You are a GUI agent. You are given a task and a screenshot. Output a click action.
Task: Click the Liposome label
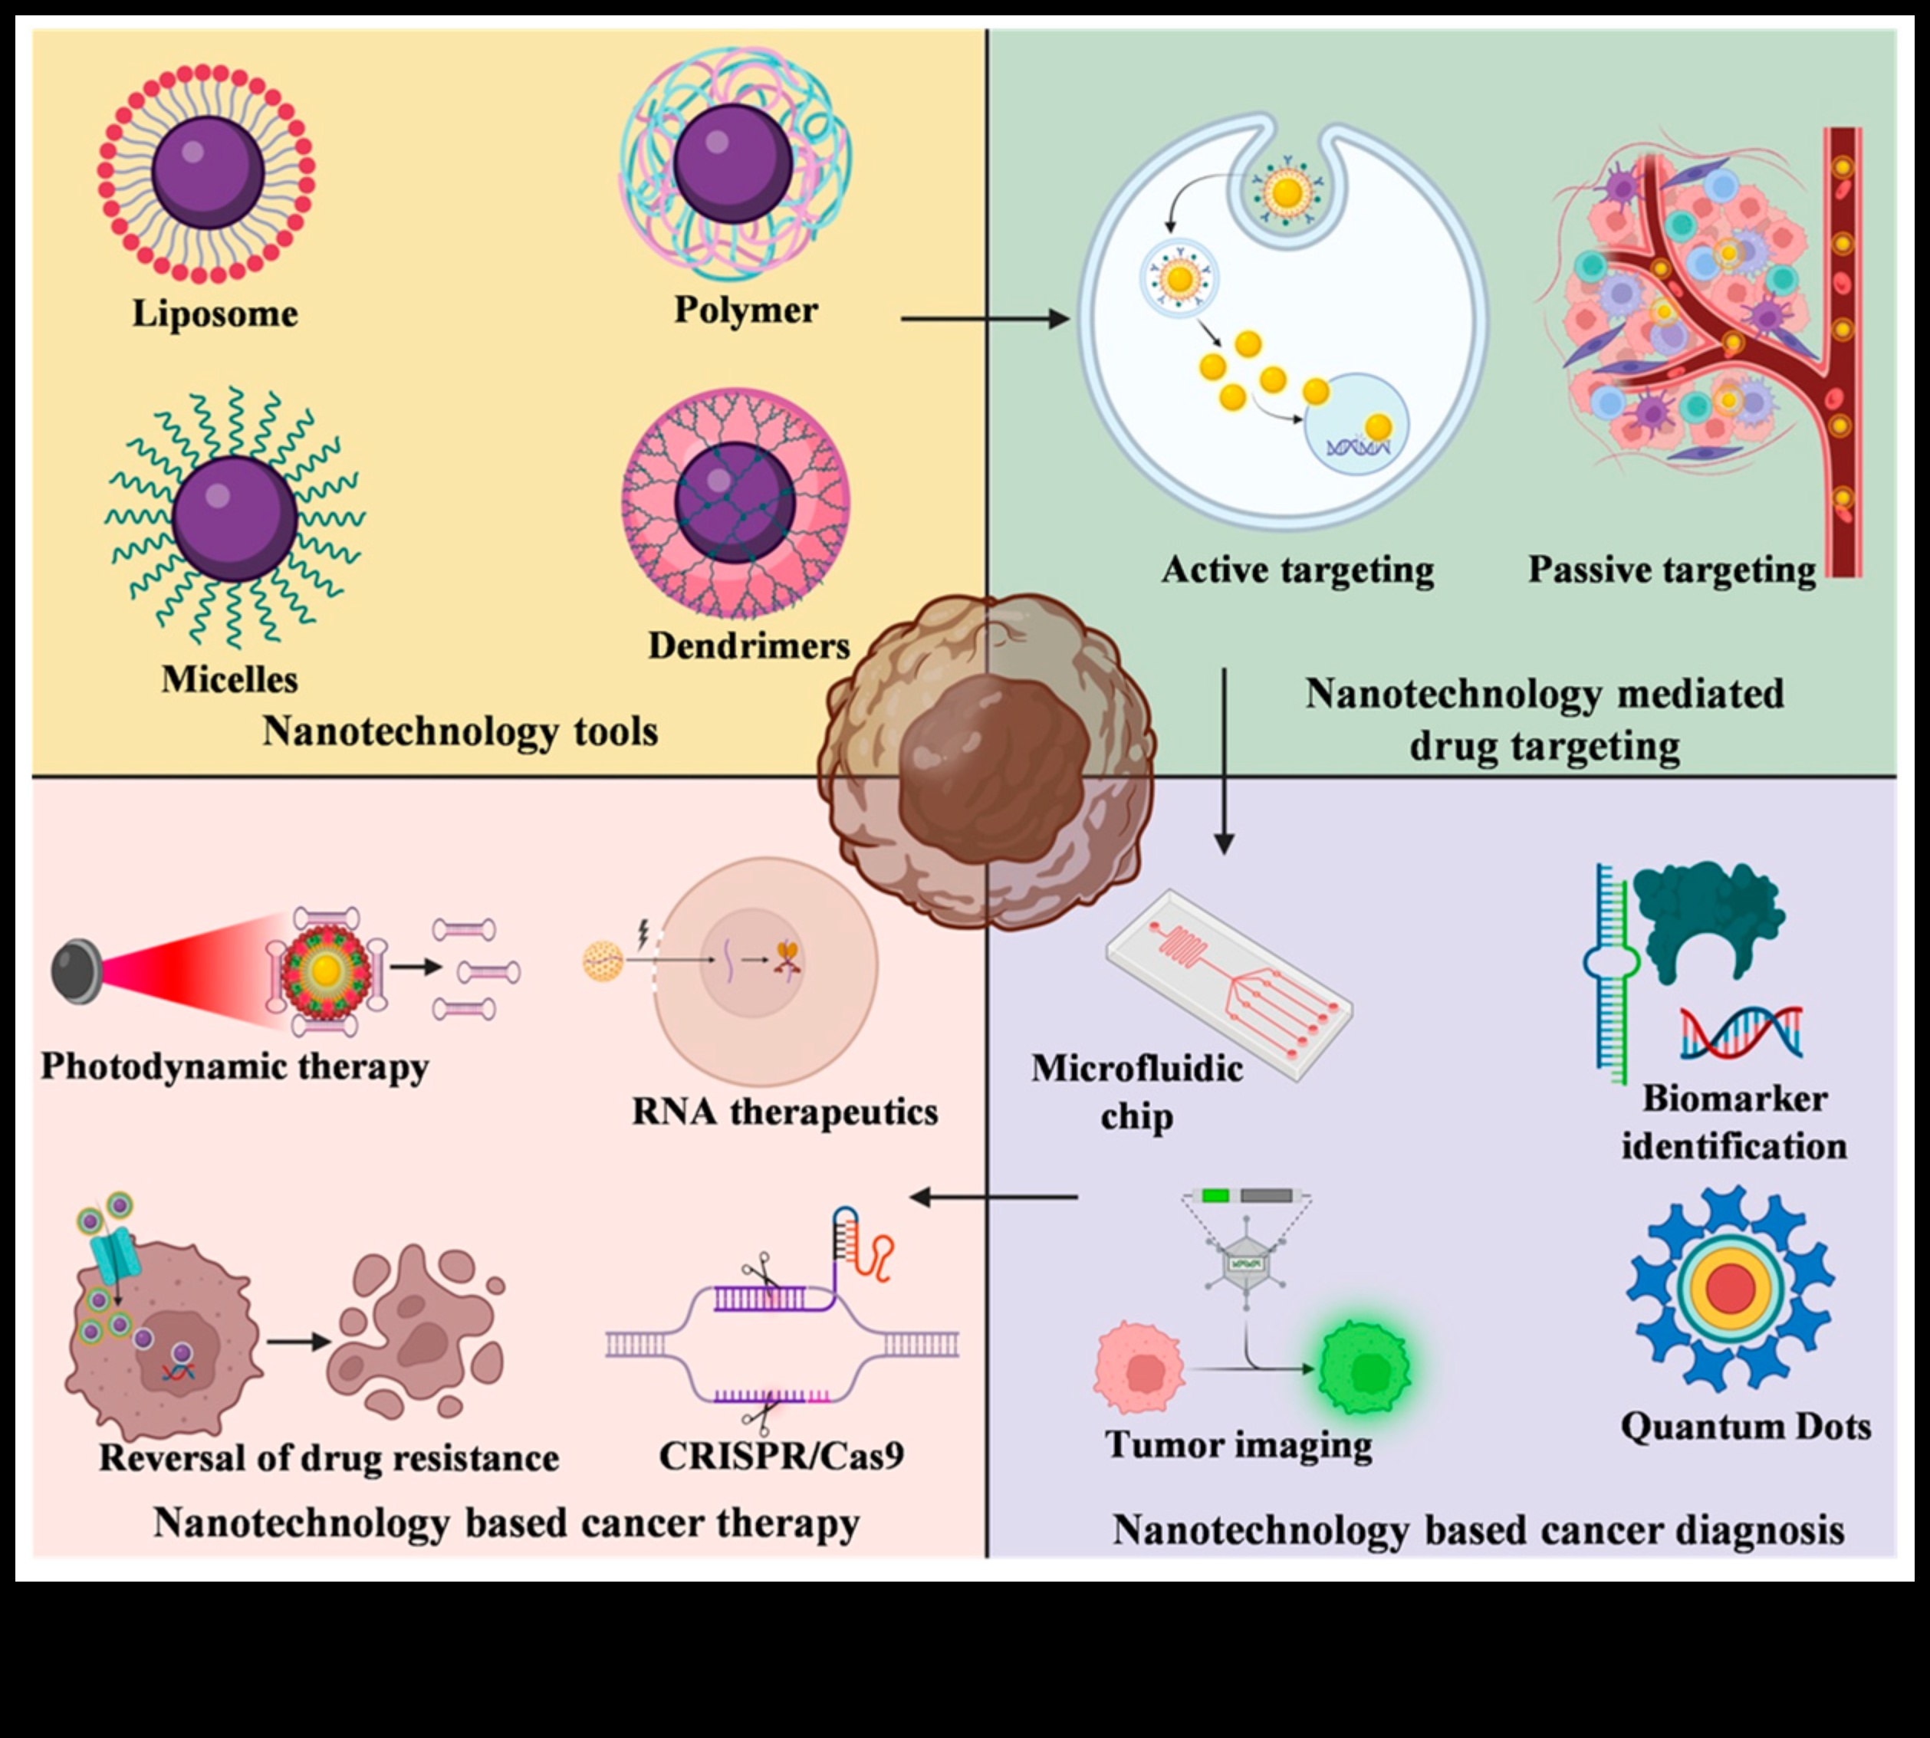[215, 314]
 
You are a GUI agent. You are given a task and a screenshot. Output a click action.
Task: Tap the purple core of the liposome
[209, 172]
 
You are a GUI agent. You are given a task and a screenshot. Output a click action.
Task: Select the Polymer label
[746, 310]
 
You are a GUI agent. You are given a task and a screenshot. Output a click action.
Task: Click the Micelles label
[229, 680]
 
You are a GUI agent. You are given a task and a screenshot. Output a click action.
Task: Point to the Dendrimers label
[748, 646]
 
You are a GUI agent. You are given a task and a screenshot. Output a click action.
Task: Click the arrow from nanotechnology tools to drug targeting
[984, 319]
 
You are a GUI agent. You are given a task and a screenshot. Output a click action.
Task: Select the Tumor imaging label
[1238, 1444]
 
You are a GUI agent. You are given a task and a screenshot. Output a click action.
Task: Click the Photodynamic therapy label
[235, 1066]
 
